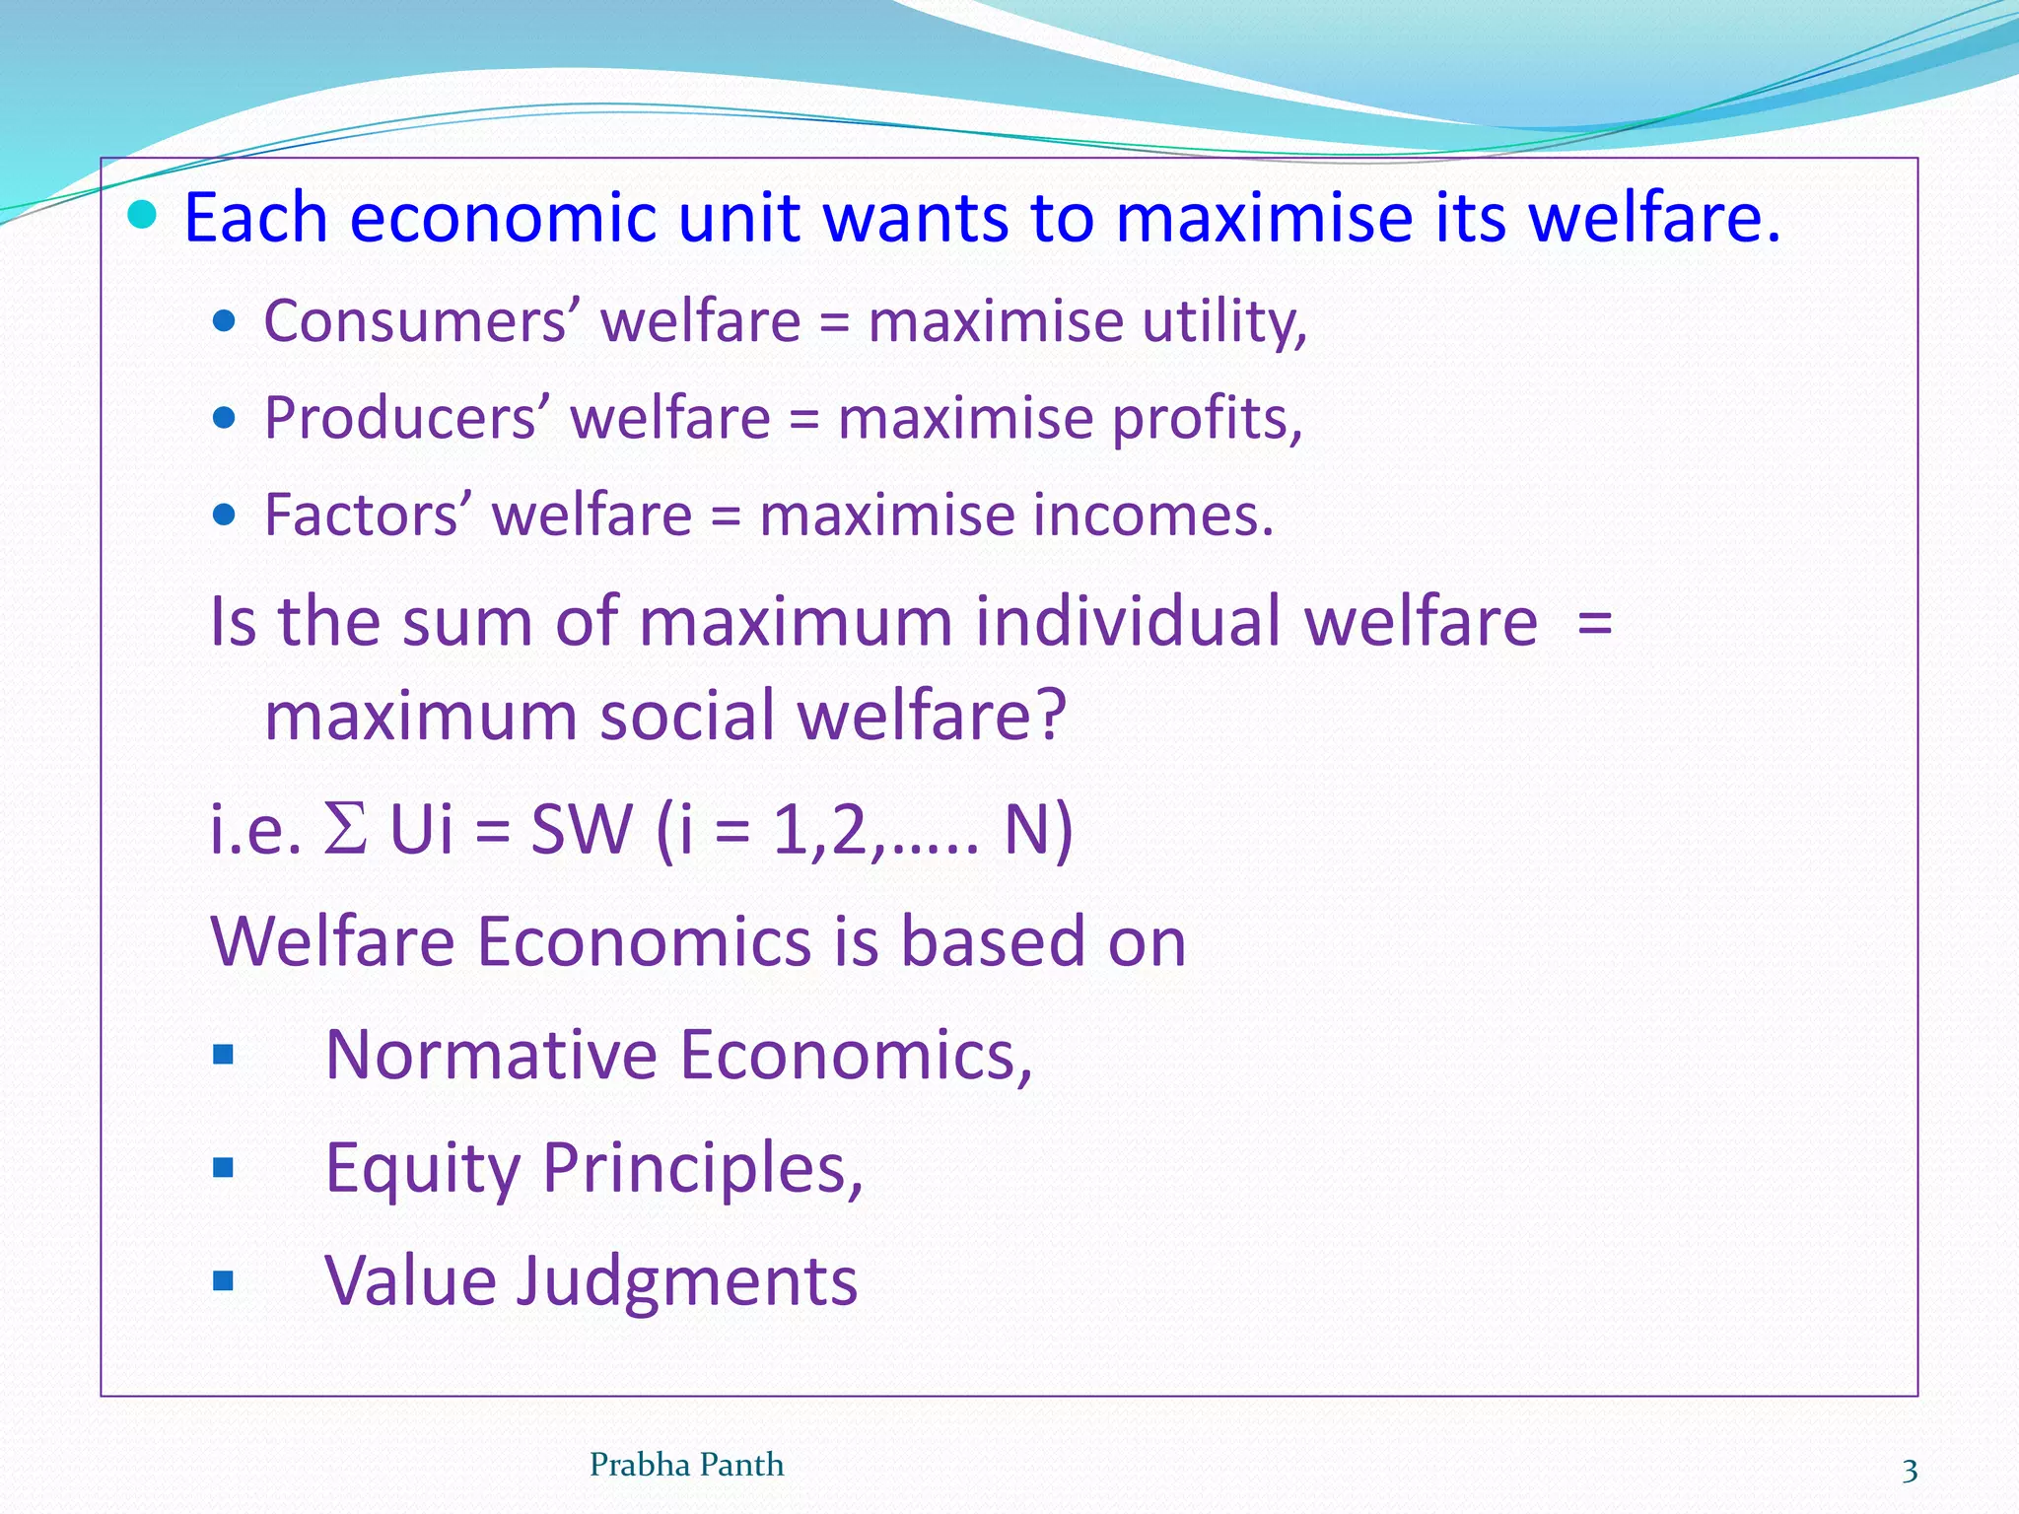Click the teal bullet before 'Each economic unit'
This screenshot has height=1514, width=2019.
(x=143, y=214)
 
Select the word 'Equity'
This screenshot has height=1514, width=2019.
(x=422, y=1168)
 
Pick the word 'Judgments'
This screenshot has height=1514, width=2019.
(x=688, y=1281)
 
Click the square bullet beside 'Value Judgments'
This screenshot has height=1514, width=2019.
(x=224, y=1281)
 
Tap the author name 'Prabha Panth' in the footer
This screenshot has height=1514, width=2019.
(x=686, y=1465)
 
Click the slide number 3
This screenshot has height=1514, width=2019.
(x=1910, y=1471)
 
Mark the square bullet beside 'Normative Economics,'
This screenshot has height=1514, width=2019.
(x=224, y=1056)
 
